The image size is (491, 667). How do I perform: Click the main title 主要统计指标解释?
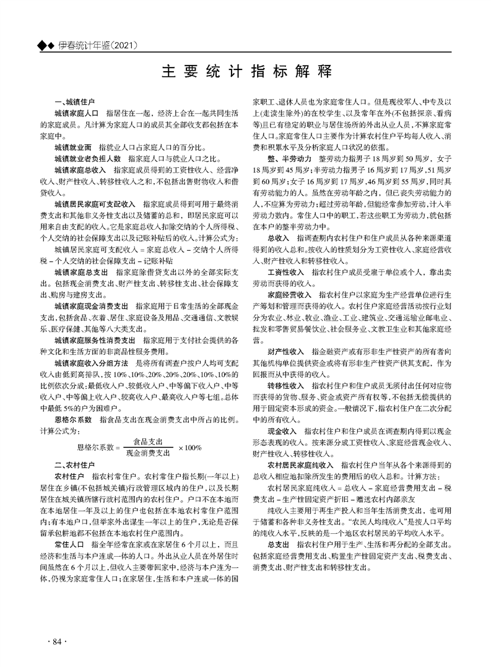pos(245,70)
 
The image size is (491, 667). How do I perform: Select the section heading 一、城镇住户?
pos(74,100)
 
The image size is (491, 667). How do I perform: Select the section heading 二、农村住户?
pos(74,464)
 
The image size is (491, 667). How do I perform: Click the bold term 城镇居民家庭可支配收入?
pos(95,203)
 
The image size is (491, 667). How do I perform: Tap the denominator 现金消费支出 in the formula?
pos(147,453)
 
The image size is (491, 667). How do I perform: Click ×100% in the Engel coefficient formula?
pos(190,447)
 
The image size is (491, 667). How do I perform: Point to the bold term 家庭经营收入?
pos(290,295)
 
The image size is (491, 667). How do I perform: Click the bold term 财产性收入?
pos(286,351)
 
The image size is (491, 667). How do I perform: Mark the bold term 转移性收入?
pos(286,385)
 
